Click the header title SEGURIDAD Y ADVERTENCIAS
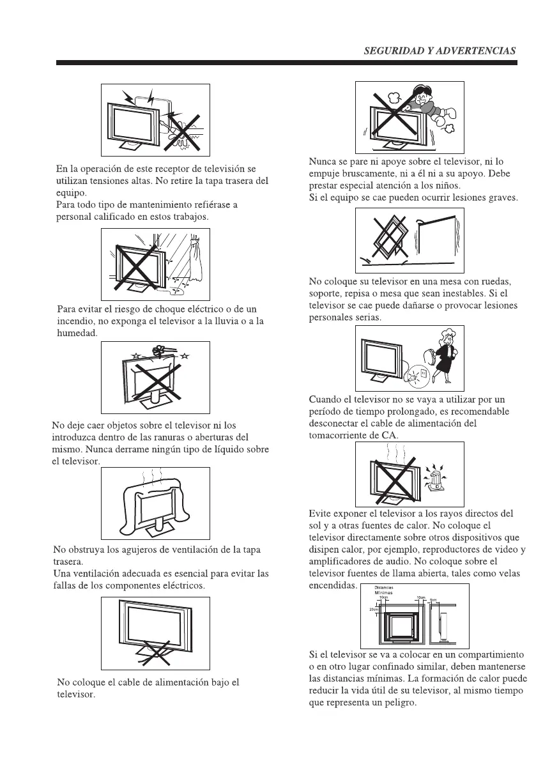pyautogui.click(x=440, y=51)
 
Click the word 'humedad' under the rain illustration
pyautogui.click(x=77, y=333)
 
